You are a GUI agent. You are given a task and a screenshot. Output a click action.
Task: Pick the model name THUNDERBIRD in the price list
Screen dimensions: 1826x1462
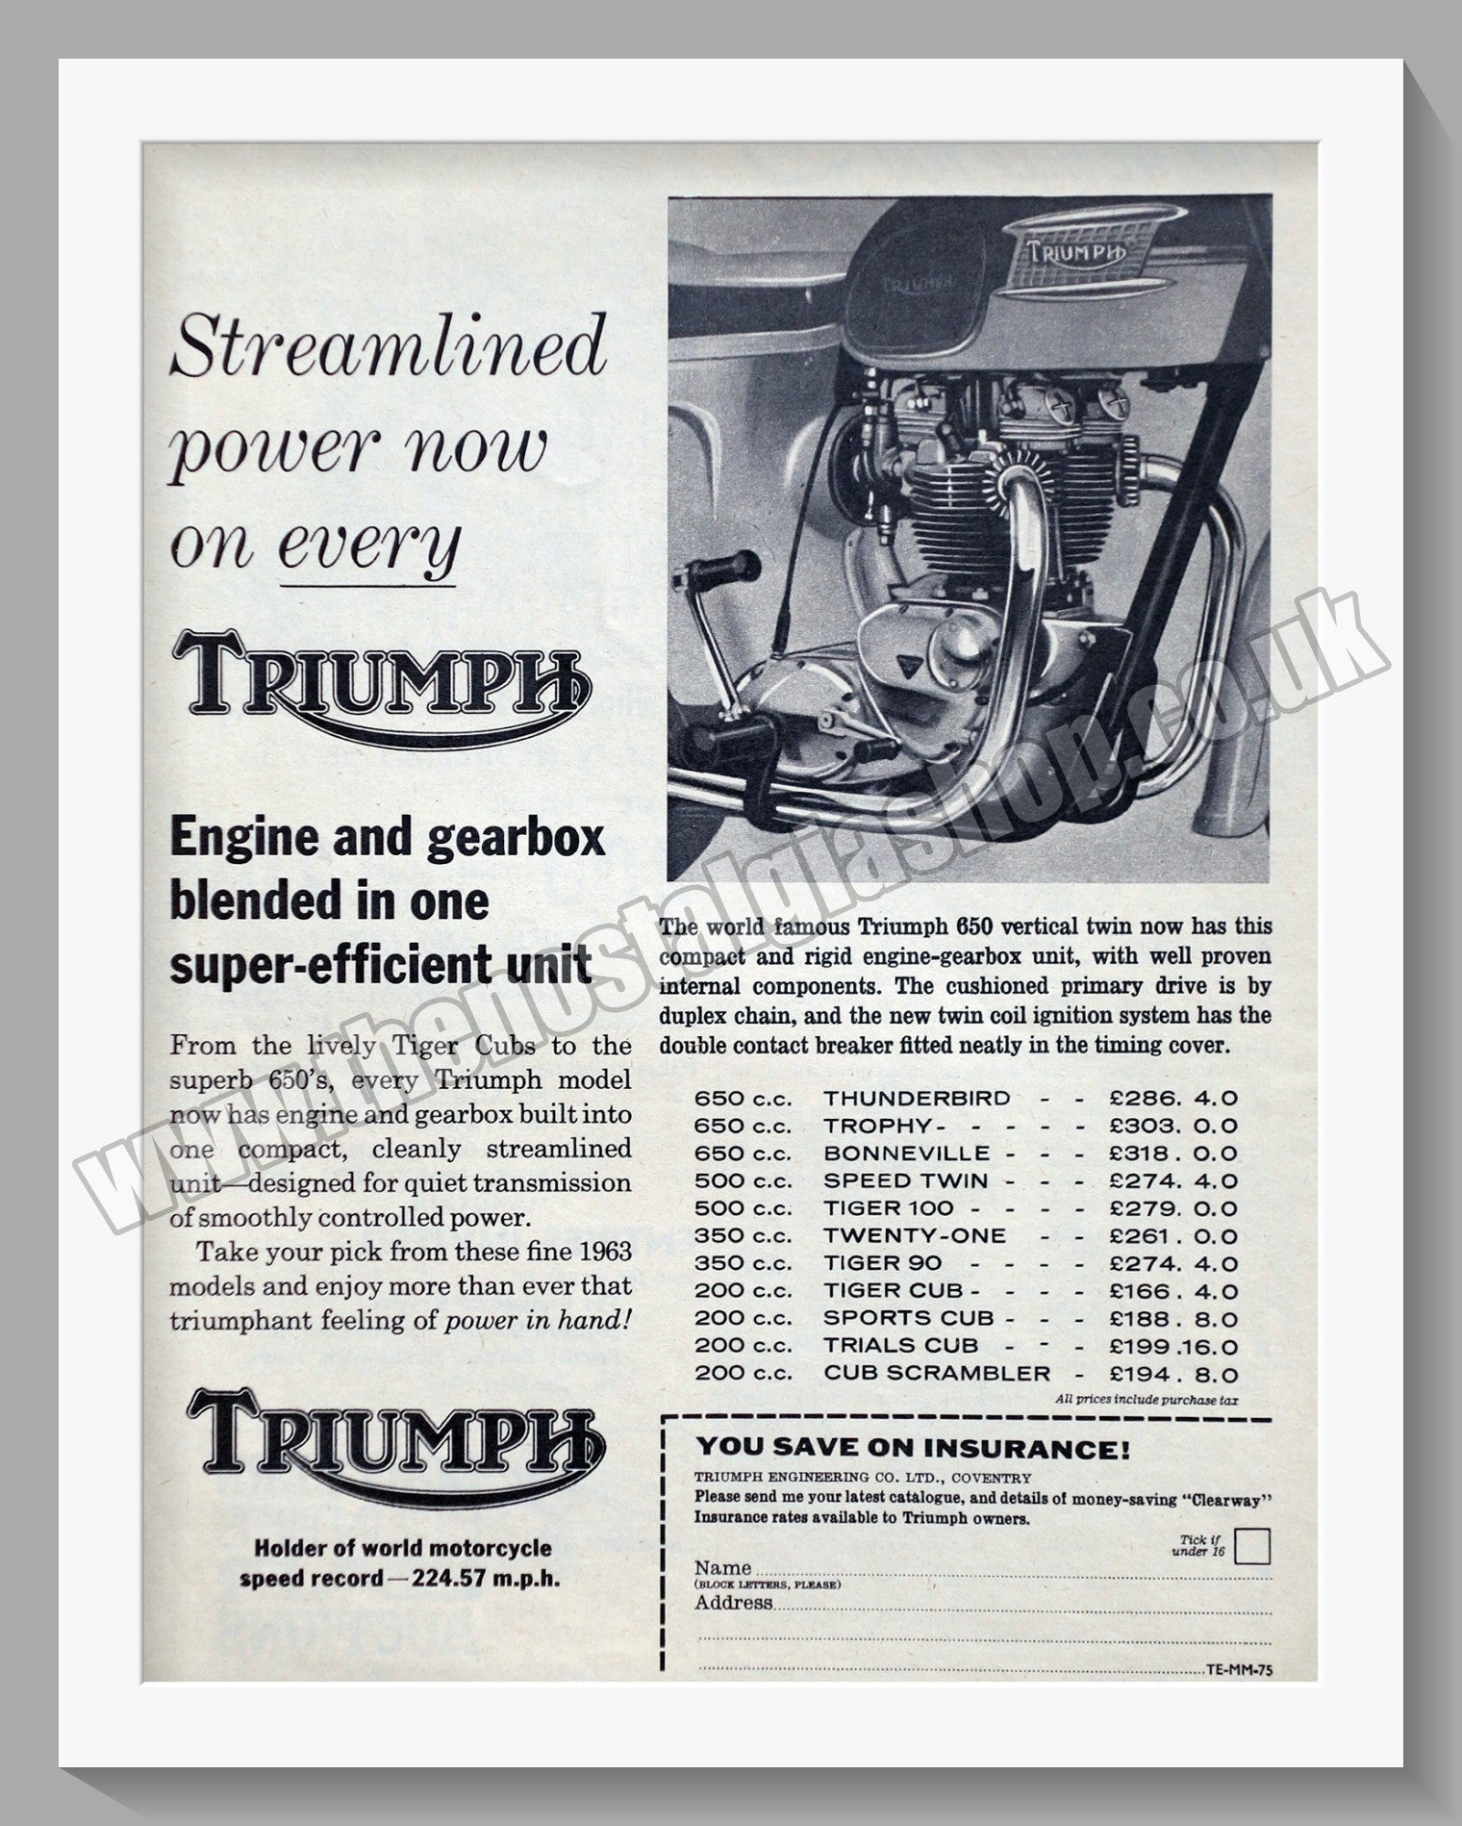pos(917,1098)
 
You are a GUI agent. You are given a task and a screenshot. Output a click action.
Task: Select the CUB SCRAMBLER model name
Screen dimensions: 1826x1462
pos(937,1374)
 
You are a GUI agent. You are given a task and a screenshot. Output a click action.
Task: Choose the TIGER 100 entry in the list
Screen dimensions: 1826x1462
pos(889,1208)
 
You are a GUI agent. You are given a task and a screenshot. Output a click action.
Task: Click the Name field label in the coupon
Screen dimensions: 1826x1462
pos(722,1567)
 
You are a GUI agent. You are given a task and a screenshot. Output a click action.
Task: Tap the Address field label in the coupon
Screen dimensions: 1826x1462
pos(733,1603)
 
